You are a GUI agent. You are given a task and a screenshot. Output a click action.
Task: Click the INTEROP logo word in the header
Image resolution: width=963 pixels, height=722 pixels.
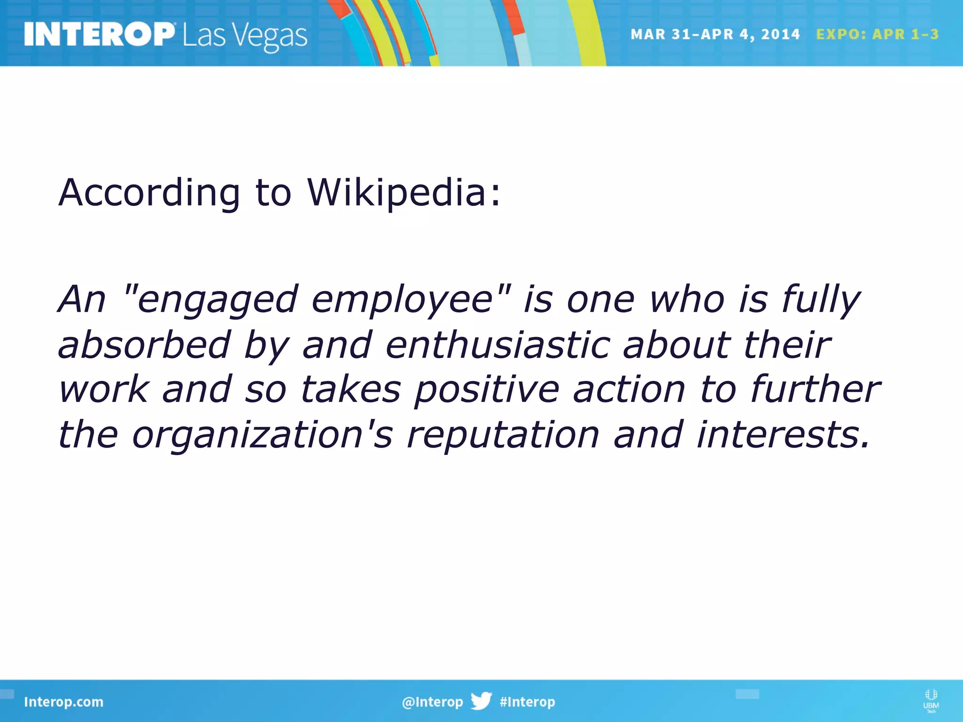99,35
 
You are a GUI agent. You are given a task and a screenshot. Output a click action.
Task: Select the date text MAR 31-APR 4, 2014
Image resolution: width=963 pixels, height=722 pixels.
715,34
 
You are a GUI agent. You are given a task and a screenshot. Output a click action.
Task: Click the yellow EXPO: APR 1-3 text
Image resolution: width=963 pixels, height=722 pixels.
877,34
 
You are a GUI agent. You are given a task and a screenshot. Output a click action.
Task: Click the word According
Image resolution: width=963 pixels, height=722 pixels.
149,193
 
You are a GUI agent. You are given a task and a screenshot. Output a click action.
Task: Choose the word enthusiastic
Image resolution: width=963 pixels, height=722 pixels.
498,345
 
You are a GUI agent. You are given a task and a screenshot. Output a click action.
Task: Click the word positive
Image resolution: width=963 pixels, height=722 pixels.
487,390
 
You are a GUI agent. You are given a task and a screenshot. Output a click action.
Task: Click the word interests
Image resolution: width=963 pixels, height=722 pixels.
783,435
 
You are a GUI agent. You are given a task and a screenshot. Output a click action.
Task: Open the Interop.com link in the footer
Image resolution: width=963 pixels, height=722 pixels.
63,702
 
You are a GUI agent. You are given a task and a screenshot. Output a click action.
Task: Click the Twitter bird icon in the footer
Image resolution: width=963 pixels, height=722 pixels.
481,701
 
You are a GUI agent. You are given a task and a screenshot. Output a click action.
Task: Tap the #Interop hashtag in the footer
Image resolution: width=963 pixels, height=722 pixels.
527,702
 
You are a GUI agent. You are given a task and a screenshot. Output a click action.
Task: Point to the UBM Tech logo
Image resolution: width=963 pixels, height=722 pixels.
931,700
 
